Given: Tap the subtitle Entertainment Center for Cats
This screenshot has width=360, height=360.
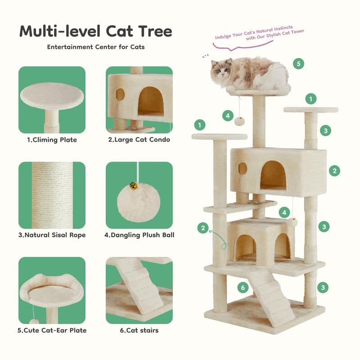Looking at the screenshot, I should tap(96, 47).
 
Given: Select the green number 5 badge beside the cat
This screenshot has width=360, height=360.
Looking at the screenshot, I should tap(298, 63).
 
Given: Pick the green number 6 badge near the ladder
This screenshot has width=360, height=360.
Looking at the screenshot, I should tap(243, 288).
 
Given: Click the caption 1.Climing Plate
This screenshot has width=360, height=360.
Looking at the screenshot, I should tap(52, 140).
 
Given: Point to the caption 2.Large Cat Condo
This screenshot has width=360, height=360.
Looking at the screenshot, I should tap(139, 140).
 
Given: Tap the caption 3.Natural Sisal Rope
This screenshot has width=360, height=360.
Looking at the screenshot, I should tap(52, 235).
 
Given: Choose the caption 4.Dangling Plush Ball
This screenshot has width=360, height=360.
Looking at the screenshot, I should tap(139, 235).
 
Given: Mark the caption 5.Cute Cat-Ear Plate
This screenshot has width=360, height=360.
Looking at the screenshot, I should tap(52, 330).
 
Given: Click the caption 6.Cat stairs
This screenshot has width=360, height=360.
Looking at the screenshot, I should tap(139, 330).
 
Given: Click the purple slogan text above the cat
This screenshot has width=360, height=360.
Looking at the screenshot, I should tap(260, 36).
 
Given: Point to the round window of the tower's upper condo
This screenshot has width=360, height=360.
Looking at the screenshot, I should tap(243, 169).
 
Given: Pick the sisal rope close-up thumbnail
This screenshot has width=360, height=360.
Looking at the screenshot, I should tap(52, 195).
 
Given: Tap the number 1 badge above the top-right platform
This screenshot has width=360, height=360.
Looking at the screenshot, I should tap(310, 99).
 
